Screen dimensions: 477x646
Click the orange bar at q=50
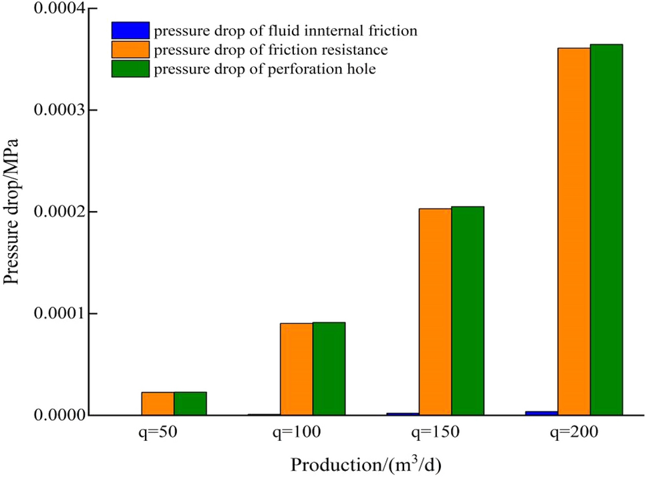pos(158,404)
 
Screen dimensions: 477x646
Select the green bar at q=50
pos(190,404)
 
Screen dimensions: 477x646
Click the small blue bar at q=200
pos(542,413)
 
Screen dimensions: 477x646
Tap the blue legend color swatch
pos(130,30)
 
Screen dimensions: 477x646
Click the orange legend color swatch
pos(130,49)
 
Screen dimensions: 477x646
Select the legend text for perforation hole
pos(265,69)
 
